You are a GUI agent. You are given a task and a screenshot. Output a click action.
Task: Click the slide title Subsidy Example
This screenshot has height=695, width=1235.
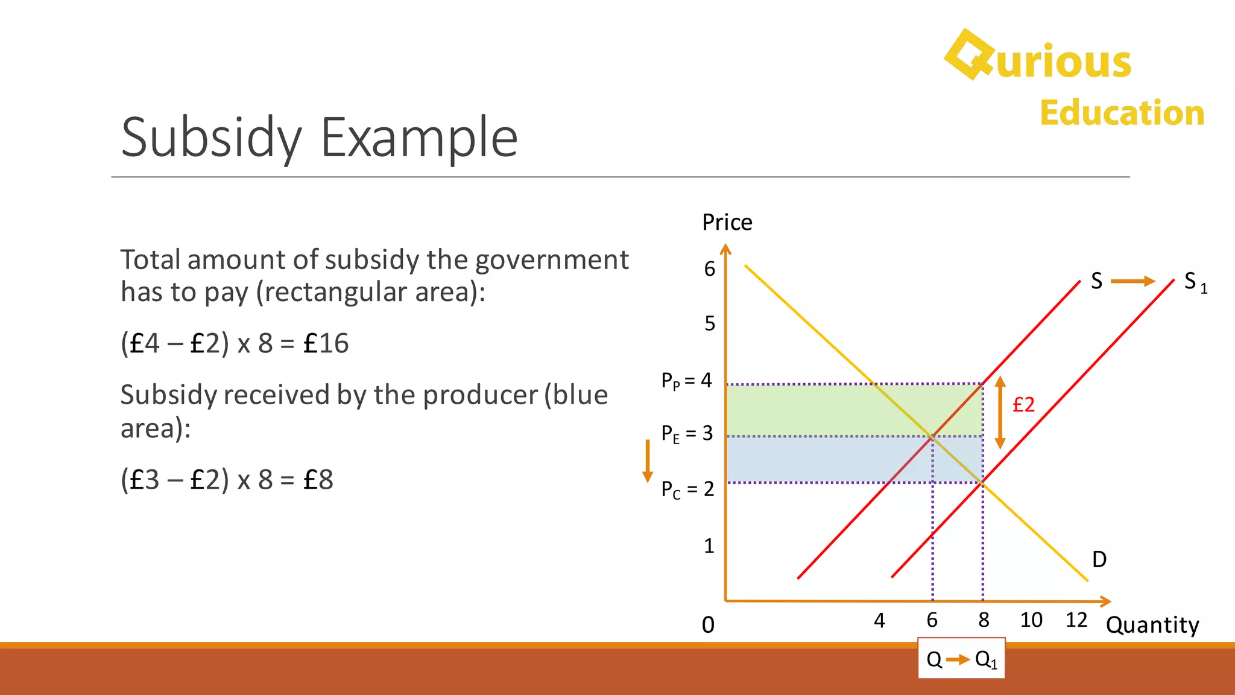[x=319, y=138]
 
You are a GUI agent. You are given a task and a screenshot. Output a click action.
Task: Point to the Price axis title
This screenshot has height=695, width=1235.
[x=727, y=223]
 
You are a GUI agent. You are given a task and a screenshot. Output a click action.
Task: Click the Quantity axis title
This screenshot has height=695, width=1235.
[x=1152, y=625]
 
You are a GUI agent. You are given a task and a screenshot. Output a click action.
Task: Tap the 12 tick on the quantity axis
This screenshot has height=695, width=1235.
[x=1076, y=620]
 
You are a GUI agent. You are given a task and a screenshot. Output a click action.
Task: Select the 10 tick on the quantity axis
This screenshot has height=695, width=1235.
[x=1031, y=620]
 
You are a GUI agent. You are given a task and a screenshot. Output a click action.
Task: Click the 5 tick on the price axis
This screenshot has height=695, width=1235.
[x=710, y=324]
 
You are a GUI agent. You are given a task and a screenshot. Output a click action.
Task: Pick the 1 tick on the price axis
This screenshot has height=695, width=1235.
[x=709, y=546]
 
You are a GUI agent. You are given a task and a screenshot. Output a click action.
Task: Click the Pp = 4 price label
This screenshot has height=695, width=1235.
[x=686, y=381]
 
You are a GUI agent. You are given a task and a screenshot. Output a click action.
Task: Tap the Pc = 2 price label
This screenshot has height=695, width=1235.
[x=687, y=489]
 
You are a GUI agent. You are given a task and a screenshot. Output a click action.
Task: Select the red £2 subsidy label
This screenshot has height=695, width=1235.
[x=1023, y=404]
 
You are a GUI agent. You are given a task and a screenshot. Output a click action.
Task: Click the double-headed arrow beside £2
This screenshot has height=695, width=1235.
[x=1000, y=412]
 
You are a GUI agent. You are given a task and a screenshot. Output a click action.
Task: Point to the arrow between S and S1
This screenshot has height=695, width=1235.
[x=1132, y=281]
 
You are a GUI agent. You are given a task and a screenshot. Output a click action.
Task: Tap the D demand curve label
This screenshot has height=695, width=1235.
[x=1099, y=559]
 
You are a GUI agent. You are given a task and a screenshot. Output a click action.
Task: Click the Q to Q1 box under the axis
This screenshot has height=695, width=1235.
[x=961, y=659]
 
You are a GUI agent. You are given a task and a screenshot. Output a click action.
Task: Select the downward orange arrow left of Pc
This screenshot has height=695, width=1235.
[x=648, y=461]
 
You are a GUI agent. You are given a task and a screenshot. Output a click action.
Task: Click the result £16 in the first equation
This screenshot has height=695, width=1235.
[x=326, y=344]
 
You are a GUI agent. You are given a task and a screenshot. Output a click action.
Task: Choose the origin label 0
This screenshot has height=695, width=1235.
[x=708, y=625]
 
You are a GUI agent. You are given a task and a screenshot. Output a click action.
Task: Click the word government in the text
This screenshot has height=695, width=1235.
[x=552, y=260]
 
